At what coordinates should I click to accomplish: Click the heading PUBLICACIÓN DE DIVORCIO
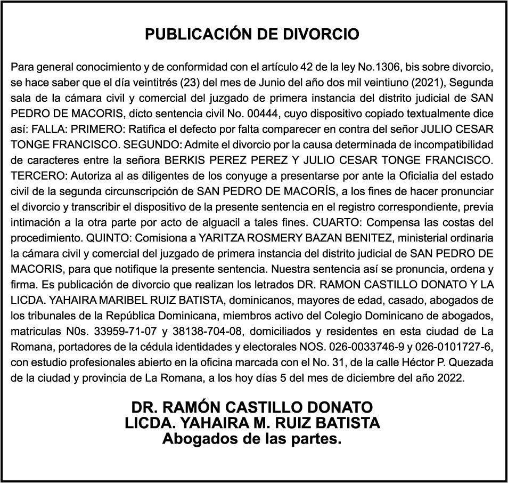point(252,35)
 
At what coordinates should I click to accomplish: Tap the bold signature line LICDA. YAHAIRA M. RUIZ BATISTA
point(252,423)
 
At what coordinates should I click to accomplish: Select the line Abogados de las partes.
point(251,440)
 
